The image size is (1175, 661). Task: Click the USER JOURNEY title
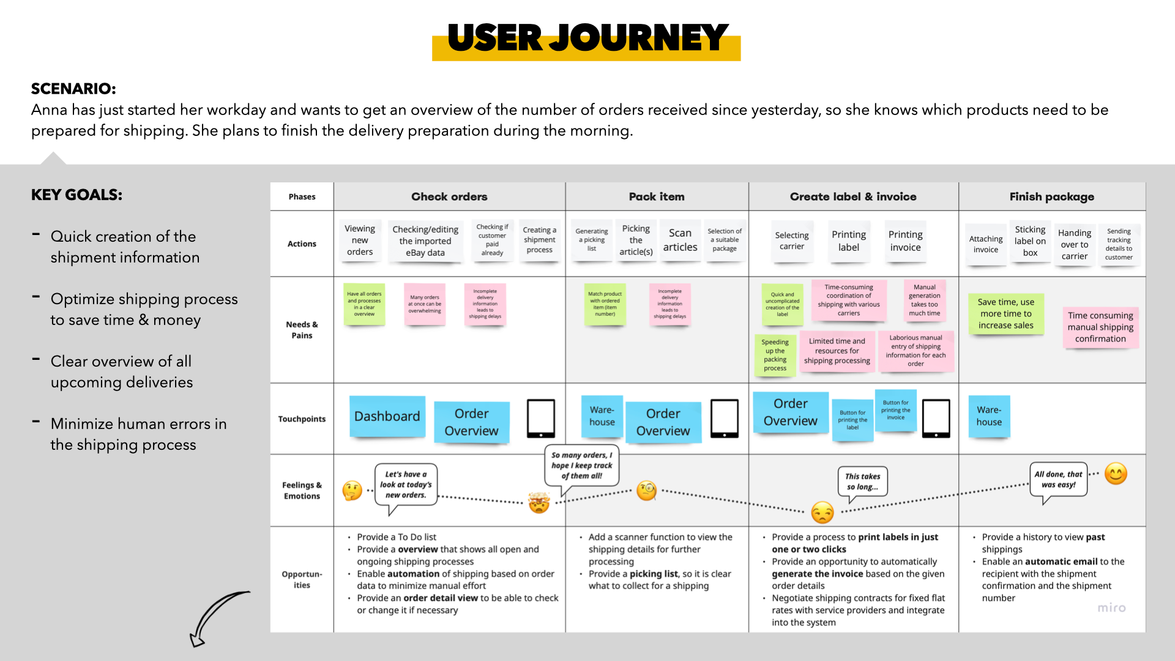coord(586,38)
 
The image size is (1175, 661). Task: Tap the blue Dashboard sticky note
coord(387,416)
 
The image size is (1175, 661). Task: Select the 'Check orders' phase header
coord(449,196)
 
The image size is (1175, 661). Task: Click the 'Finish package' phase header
coord(1051,196)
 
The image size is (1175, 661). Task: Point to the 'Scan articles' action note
coord(680,240)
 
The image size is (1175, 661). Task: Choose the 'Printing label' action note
coord(849,241)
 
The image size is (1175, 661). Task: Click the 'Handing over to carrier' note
coord(1075,244)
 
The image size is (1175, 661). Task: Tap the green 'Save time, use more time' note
coord(1005,313)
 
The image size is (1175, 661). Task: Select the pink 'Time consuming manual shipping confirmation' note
coord(1100,327)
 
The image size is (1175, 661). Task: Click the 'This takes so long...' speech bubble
coord(862,482)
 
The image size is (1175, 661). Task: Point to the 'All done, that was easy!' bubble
coord(1058,479)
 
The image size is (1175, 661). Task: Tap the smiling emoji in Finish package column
coord(1116,474)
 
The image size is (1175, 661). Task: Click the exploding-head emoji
coord(539,502)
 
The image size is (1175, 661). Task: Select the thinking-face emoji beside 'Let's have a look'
coord(352,490)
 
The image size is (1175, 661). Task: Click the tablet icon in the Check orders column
coord(541,419)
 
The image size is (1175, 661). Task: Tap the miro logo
coord(1111,608)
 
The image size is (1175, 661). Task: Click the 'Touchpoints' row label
coord(302,419)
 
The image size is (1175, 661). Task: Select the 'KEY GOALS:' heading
coord(76,195)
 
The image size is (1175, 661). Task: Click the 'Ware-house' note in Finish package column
coord(989,416)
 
